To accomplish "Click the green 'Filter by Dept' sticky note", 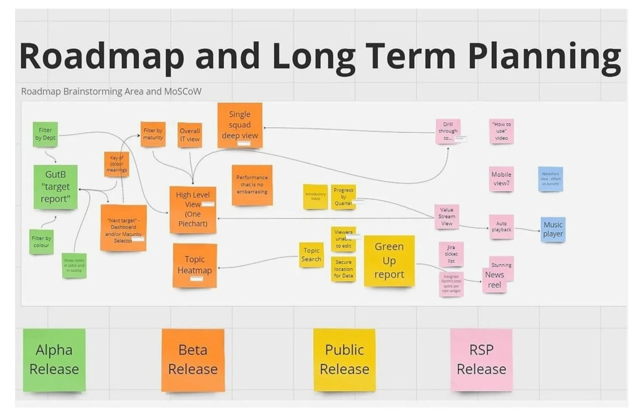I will (x=45, y=134).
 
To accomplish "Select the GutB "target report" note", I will (x=55, y=187).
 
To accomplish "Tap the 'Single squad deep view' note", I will (x=240, y=125).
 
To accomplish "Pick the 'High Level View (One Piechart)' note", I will (x=193, y=209).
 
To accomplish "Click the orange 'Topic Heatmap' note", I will (x=194, y=265).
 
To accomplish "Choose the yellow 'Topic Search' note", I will (x=311, y=255).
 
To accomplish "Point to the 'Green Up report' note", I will (x=389, y=261).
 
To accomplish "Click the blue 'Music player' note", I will (x=553, y=230).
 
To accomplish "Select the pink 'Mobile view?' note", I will (x=501, y=179).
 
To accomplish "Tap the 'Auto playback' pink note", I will (x=501, y=227).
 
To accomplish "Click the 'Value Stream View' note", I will (x=447, y=217).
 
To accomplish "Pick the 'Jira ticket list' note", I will (x=451, y=254).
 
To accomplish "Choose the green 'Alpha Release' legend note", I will (x=54, y=360).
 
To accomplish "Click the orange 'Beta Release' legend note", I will (x=193, y=360).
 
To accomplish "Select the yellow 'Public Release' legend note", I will (x=344, y=360).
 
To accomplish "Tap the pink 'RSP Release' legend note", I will (x=481, y=360).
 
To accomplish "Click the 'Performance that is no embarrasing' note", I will (x=252, y=185).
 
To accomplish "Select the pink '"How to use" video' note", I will (x=501, y=131).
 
